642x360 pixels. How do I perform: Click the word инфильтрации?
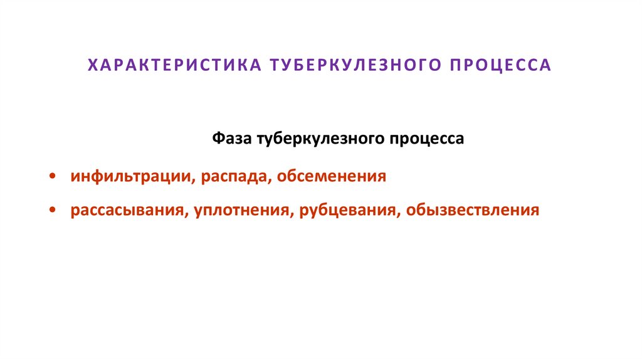click(132, 176)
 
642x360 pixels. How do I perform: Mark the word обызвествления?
click(472, 209)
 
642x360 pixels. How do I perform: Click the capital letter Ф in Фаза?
click(216, 138)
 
